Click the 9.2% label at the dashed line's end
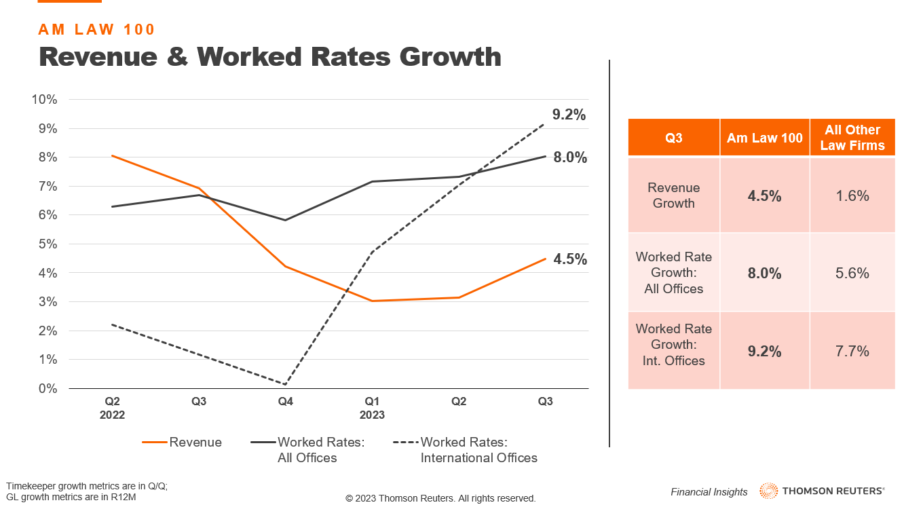point(568,115)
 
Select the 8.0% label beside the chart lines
point(569,157)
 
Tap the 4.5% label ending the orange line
point(569,259)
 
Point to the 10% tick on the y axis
point(44,100)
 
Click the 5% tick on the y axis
point(48,244)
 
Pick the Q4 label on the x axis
point(286,402)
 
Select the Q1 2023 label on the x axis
point(372,408)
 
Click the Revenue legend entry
point(182,443)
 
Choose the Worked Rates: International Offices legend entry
point(466,450)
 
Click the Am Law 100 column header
point(764,138)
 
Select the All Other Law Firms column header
point(852,138)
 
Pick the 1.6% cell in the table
point(852,196)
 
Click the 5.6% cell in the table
point(852,273)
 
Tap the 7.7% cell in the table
point(852,351)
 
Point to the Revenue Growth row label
point(673,195)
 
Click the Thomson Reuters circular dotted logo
point(769,491)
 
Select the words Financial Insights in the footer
point(709,492)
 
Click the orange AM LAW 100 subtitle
point(97,29)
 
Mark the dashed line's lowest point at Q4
point(286,384)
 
